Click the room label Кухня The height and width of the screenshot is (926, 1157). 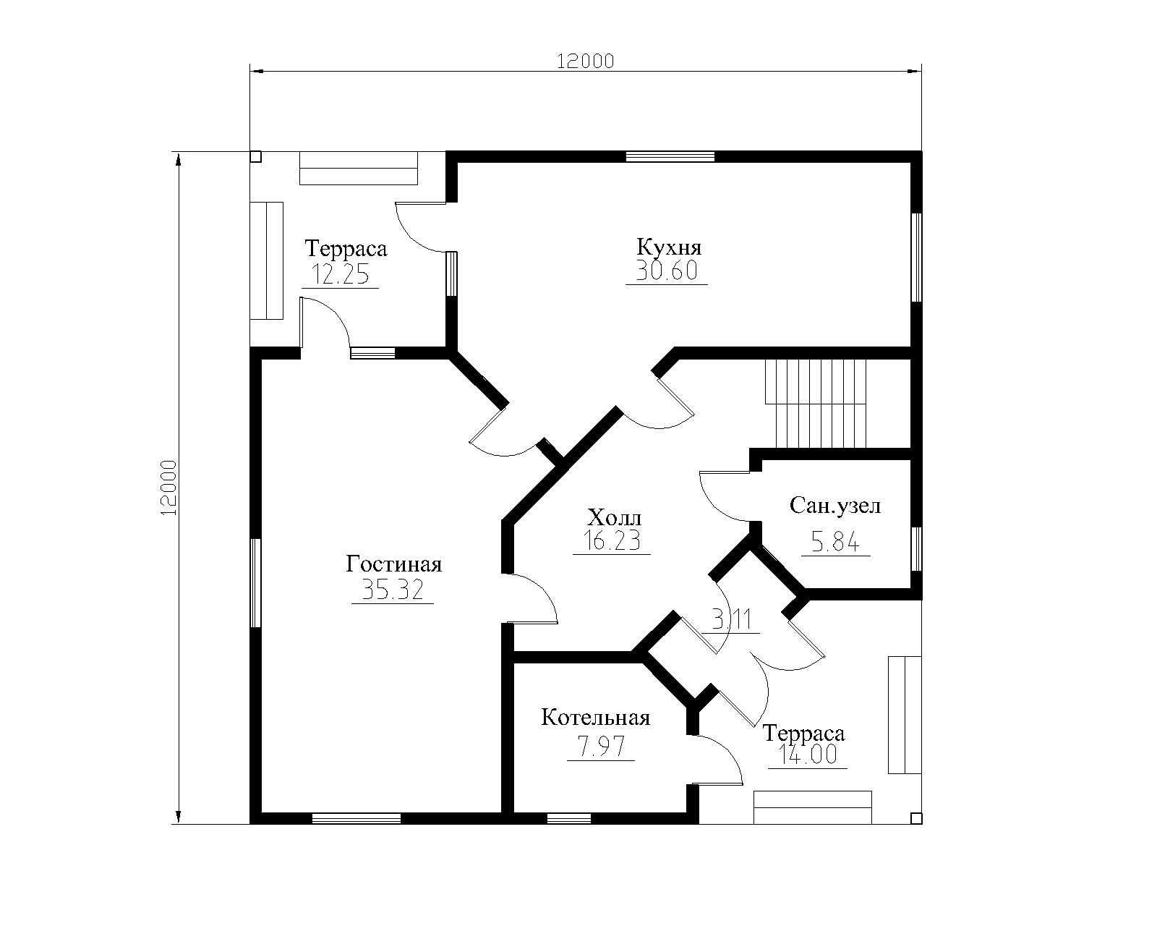coord(669,248)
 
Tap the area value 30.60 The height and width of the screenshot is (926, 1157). coord(667,271)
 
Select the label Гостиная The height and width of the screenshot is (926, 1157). coord(393,564)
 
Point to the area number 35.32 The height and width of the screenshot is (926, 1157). coord(393,589)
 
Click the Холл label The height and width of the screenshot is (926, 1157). coord(614,518)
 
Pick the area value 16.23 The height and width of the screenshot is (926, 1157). coord(612,540)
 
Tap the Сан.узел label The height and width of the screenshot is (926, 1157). coord(835,506)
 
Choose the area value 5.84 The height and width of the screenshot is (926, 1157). coord(835,542)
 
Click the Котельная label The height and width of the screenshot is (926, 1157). coord(596,718)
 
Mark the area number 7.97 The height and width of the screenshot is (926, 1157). coord(600,747)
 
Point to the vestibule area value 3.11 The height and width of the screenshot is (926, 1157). coord(731,620)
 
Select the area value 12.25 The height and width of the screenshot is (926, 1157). coord(341,274)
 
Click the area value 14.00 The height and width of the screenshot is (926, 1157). coord(808,755)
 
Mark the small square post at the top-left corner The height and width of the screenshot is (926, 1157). coord(256,156)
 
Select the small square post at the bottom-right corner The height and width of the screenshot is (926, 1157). coord(917,818)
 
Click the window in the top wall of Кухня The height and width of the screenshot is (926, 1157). coord(670,156)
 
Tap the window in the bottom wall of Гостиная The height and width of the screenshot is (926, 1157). coord(357,818)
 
